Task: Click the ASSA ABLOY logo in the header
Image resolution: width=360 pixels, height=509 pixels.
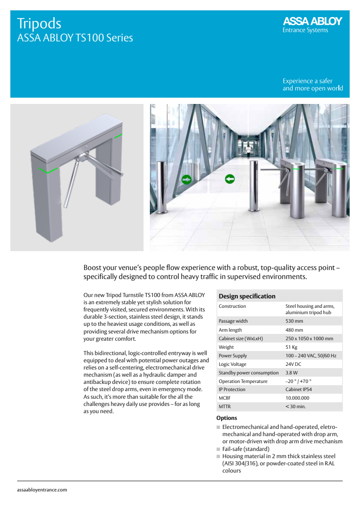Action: pos(312,22)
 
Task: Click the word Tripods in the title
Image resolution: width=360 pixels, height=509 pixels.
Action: pos(39,23)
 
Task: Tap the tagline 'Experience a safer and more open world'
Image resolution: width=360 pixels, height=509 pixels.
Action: pos(312,85)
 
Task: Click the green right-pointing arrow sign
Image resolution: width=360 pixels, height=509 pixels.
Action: pos(186,180)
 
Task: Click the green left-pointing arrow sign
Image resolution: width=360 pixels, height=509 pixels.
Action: pos(230,179)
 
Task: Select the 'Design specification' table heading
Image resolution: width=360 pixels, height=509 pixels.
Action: pos(247,296)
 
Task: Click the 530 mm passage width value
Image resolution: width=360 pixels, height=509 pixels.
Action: pos(294,321)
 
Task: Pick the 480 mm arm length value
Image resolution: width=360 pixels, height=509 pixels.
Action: pos(294,330)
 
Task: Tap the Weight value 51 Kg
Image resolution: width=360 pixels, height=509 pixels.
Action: pos(292,347)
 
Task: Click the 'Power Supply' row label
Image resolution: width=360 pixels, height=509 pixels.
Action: pos(233,356)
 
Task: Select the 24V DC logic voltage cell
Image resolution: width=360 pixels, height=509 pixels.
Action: pos(294,364)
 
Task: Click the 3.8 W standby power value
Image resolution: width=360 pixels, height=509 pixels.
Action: pos(292,373)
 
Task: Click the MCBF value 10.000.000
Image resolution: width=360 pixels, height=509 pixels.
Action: pos(298,398)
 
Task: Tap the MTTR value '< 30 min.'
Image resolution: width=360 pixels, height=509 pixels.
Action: pos(295,406)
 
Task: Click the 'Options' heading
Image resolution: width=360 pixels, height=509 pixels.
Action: pos(227,418)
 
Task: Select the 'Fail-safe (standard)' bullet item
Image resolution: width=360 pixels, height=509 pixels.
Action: pos(246,449)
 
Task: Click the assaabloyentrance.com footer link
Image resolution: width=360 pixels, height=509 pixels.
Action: pos(42,490)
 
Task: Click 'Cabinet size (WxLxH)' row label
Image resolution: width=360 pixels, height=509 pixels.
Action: pos(241,338)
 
